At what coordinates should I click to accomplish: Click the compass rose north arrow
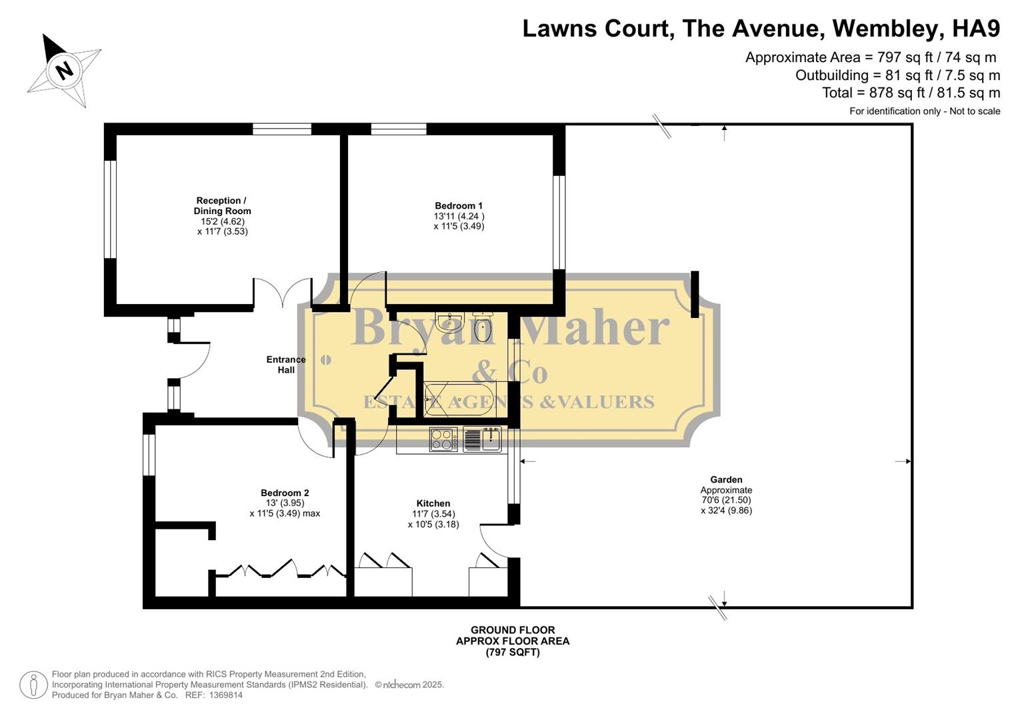click(x=63, y=69)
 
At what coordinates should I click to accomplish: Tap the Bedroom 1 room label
click(x=459, y=206)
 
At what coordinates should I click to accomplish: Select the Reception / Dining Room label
click(x=222, y=205)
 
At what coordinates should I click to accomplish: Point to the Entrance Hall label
click(x=286, y=365)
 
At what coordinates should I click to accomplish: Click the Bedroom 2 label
click(x=285, y=493)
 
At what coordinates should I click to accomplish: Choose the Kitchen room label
click(x=433, y=503)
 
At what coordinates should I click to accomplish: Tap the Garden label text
click(x=726, y=479)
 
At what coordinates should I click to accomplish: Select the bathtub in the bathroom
click(x=459, y=399)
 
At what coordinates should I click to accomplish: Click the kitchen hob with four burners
click(x=443, y=439)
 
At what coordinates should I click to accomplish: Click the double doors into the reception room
click(x=282, y=294)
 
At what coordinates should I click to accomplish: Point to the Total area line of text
click(x=911, y=93)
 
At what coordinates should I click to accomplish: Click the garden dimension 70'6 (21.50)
click(x=726, y=500)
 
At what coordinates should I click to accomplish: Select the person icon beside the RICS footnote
click(x=33, y=685)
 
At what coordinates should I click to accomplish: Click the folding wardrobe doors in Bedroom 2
click(x=280, y=570)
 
